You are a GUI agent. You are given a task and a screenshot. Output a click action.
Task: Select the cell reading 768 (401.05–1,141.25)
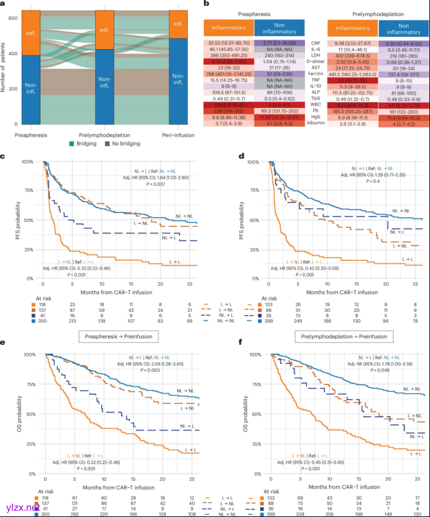[227, 73]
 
